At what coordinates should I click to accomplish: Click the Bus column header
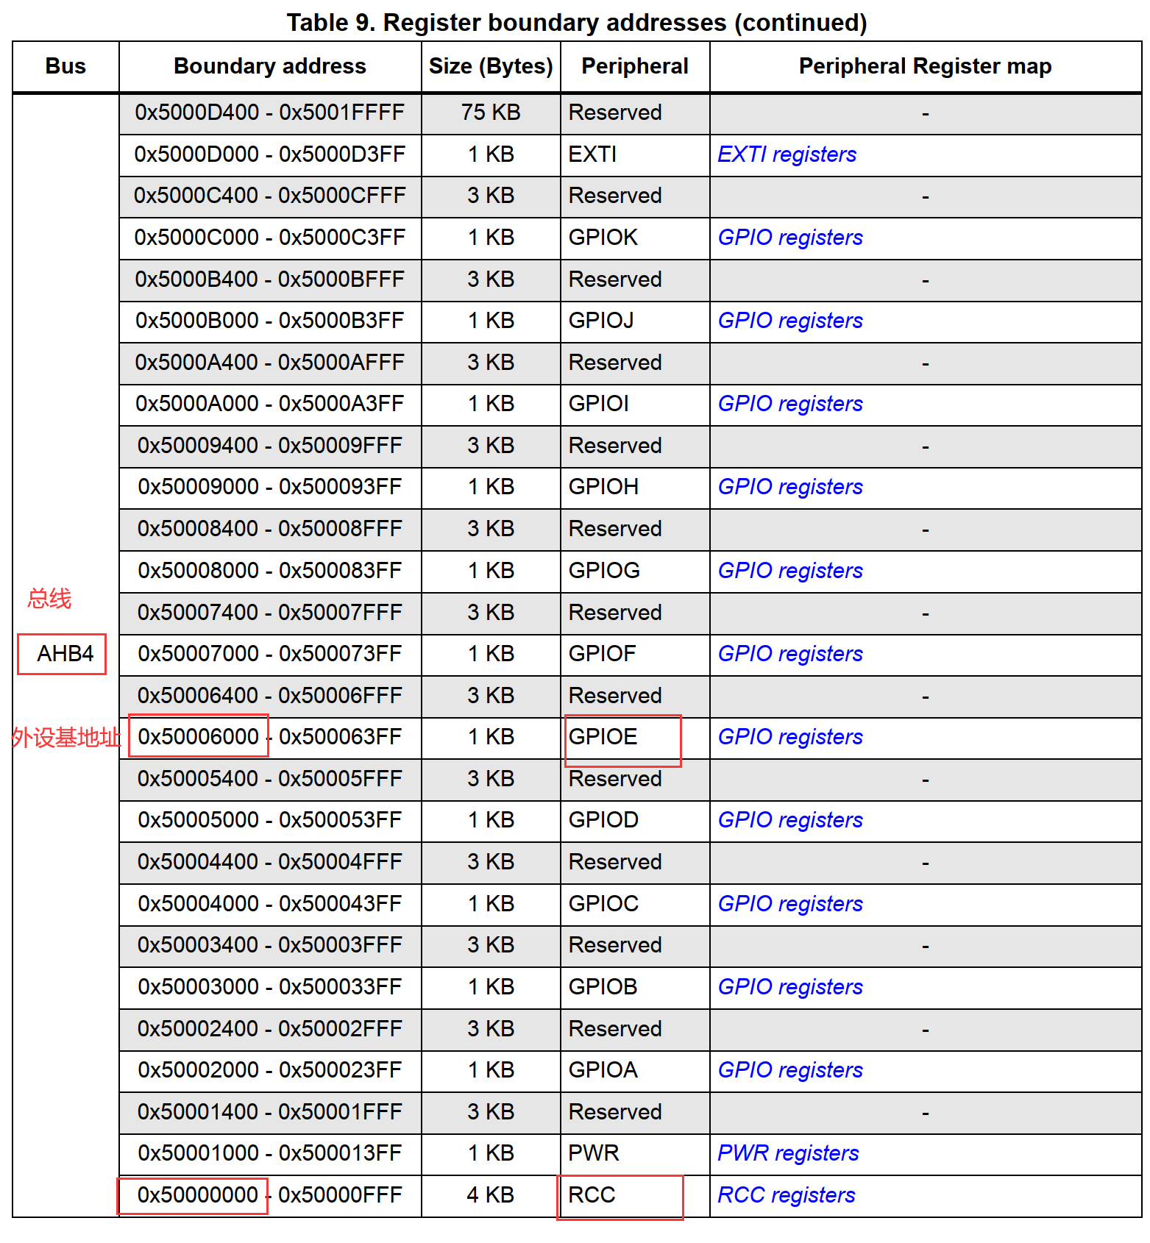(65, 66)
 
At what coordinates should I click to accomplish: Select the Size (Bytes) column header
(491, 66)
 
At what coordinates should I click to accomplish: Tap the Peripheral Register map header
(925, 66)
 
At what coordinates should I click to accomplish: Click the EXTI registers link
(787, 154)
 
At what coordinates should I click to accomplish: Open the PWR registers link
(788, 1153)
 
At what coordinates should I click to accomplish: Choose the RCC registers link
(786, 1195)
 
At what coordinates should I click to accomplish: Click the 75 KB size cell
(491, 113)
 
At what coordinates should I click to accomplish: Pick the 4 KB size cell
(491, 1195)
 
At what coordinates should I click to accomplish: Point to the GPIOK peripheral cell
(603, 238)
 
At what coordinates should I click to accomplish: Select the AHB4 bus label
(65, 654)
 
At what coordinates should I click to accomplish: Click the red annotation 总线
(49, 599)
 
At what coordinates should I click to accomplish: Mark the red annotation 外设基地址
(65, 737)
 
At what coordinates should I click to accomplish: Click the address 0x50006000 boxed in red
(199, 737)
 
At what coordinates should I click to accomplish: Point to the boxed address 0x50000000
(198, 1195)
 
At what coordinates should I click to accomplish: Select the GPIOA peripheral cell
(603, 1070)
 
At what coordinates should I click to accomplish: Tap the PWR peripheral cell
(594, 1153)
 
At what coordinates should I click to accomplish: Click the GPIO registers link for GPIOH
(790, 487)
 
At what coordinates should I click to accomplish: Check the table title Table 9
(577, 23)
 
